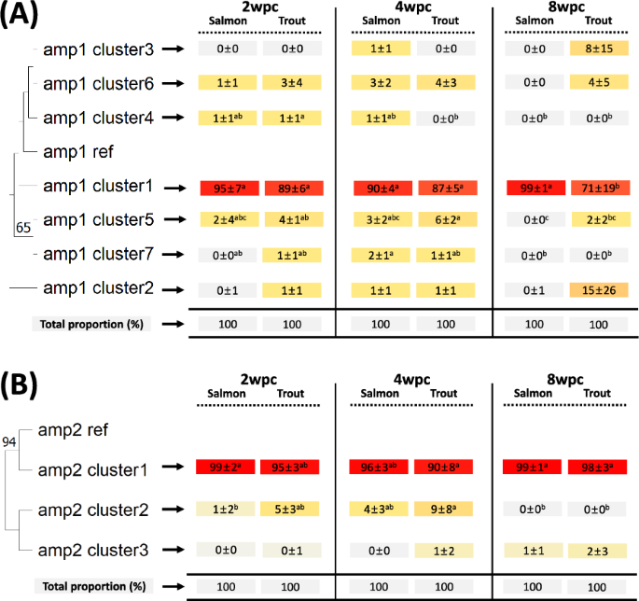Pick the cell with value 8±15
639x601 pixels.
pyautogui.click(x=597, y=48)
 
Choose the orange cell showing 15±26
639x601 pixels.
pyautogui.click(x=597, y=290)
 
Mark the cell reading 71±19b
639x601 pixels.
pyautogui.click(x=597, y=188)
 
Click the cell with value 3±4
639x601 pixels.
pyautogui.click(x=290, y=83)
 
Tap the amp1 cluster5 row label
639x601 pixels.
pyautogui.click(x=97, y=220)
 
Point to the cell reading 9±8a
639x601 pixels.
pyautogui.click(x=443, y=510)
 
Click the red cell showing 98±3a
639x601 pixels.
pyautogui.click(x=597, y=468)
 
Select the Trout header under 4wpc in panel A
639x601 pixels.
pyautogui.click(x=443, y=21)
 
